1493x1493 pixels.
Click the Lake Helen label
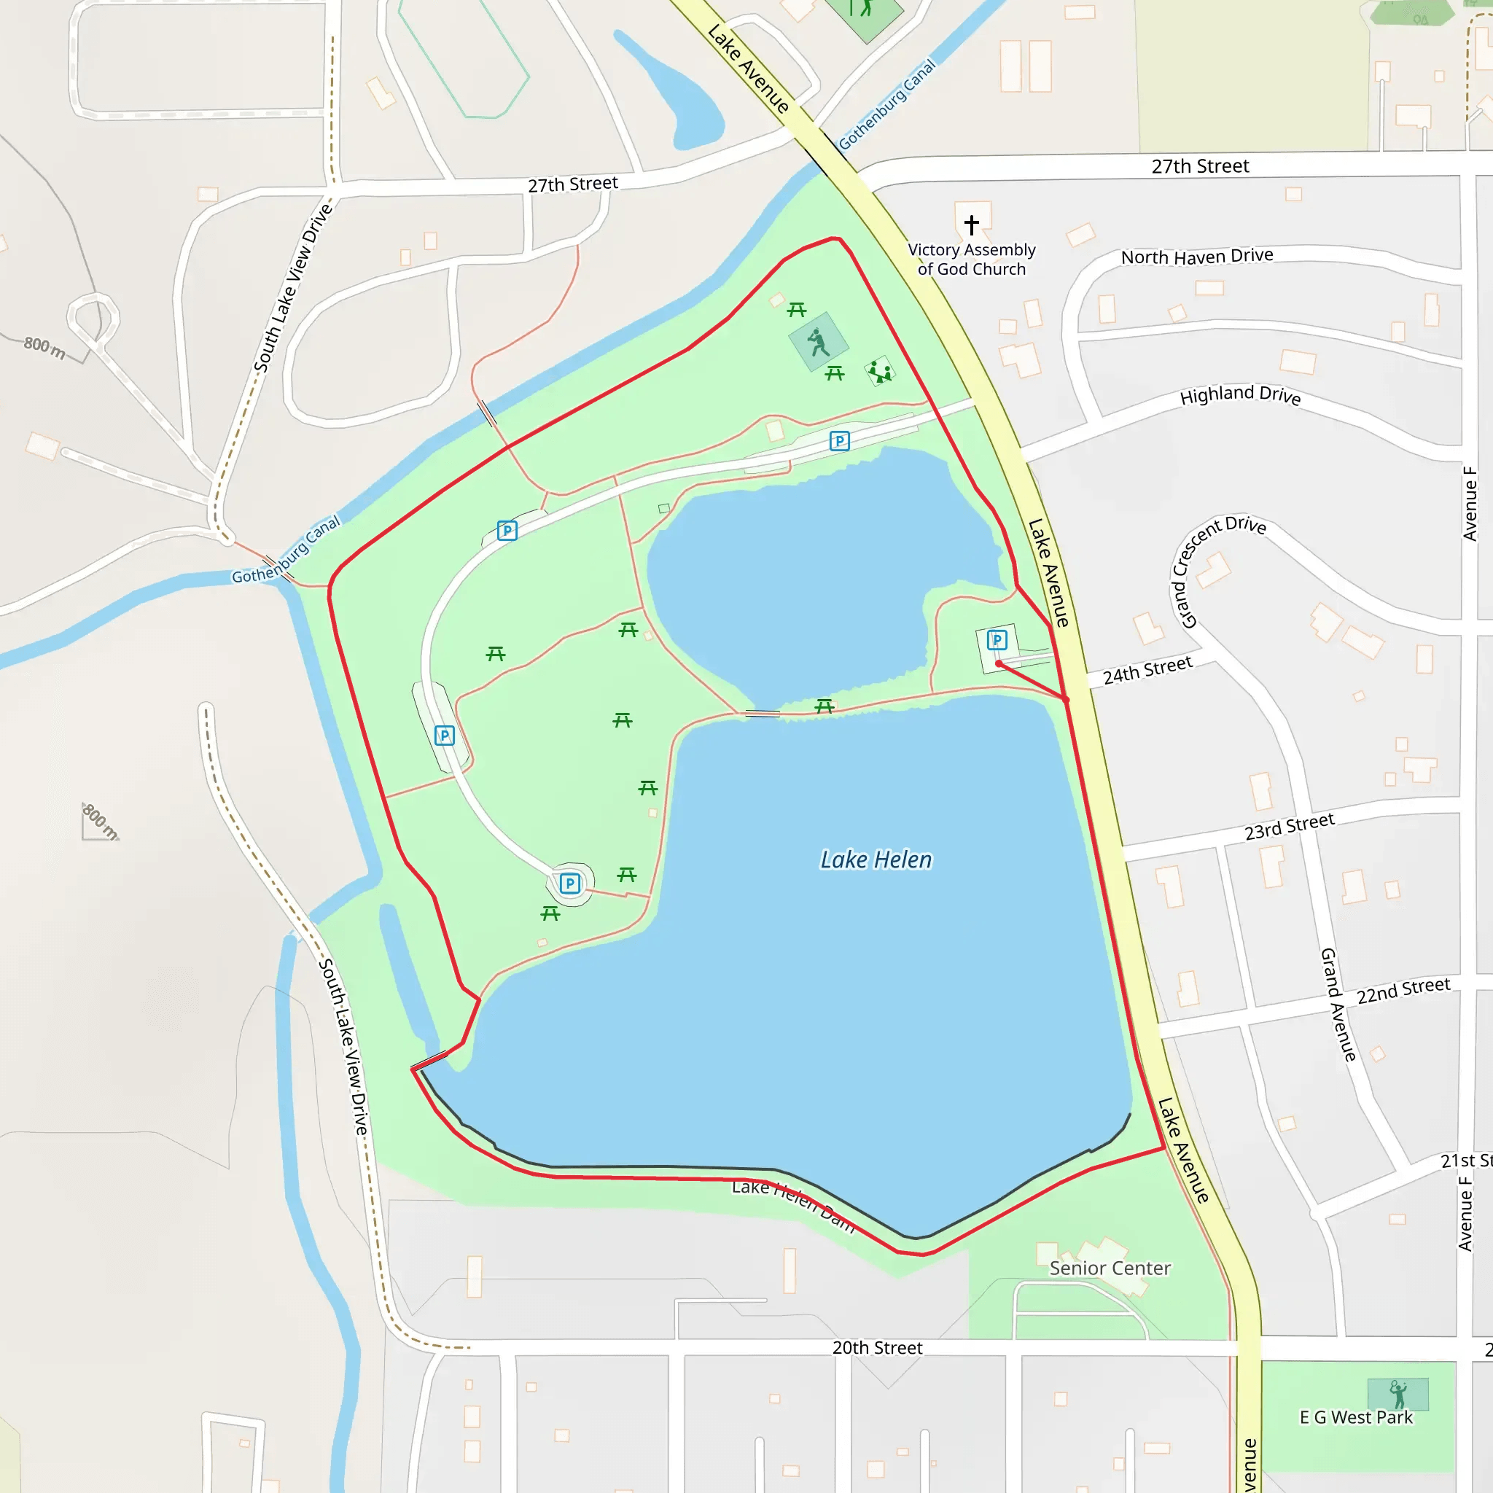876,859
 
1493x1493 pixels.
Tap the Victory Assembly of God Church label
971,259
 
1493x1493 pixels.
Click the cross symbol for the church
971,224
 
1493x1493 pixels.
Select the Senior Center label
1110,1268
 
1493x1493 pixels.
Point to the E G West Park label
1356,1417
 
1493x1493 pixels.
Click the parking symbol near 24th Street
997,640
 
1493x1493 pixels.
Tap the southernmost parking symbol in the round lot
569,883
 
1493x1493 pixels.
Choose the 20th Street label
877,1348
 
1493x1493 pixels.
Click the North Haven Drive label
1196,256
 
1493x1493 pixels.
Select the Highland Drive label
1240,395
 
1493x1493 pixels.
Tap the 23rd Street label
1289,827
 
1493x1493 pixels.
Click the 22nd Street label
1403,990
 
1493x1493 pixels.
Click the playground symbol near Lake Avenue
880,372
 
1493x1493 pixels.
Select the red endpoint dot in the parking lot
999,664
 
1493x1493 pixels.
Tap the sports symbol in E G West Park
1398,1395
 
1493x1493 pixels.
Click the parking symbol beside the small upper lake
839,440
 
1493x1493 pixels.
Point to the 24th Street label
1147,670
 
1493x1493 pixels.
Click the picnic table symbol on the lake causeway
825,706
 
